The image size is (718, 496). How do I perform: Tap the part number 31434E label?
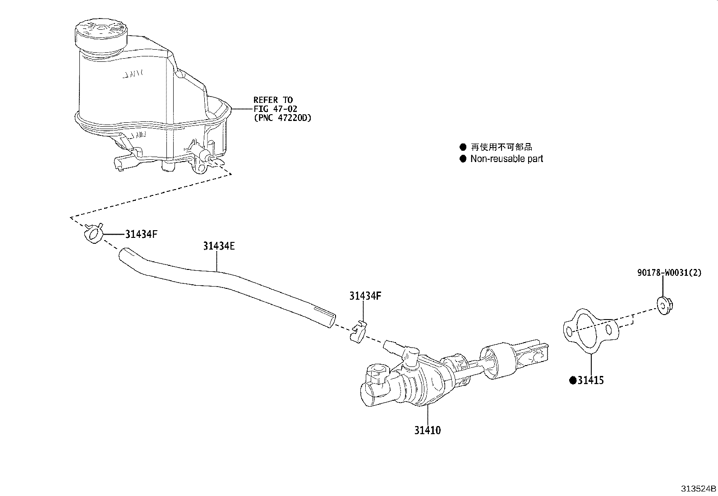click(x=219, y=246)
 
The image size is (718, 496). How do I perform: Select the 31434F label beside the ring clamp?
click(x=141, y=234)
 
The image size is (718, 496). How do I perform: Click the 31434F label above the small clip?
click(x=365, y=296)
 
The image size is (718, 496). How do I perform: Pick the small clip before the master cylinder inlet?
click(x=359, y=331)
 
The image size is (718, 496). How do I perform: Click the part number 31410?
click(x=428, y=430)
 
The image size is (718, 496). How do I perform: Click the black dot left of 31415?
click(x=573, y=380)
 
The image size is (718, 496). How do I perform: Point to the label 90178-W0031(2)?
click(x=669, y=273)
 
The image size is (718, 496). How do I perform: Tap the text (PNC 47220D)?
click(x=282, y=118)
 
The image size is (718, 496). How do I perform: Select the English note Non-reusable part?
click(x=506, y=158)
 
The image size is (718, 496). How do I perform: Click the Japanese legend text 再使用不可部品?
click(x=502, y=147)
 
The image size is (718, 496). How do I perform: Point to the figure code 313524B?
click(x=698, y=488)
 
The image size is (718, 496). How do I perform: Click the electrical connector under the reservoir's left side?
click(x=123, y=163)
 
